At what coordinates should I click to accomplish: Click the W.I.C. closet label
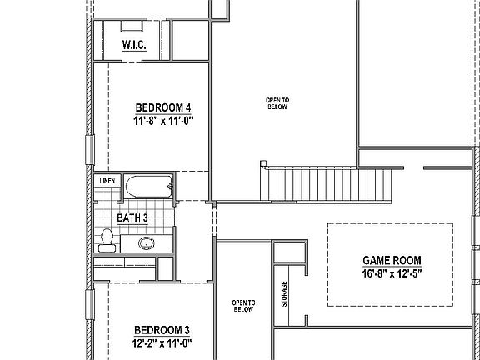[x=133, y=45]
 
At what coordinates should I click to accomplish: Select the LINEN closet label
[x=107, y=181]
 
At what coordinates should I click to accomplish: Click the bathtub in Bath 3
[x=148, y=187]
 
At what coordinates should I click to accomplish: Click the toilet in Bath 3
[x=106, y=240]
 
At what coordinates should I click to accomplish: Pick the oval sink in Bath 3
[x=147, y=244]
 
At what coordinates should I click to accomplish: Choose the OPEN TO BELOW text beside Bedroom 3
[x=243, y=306]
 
